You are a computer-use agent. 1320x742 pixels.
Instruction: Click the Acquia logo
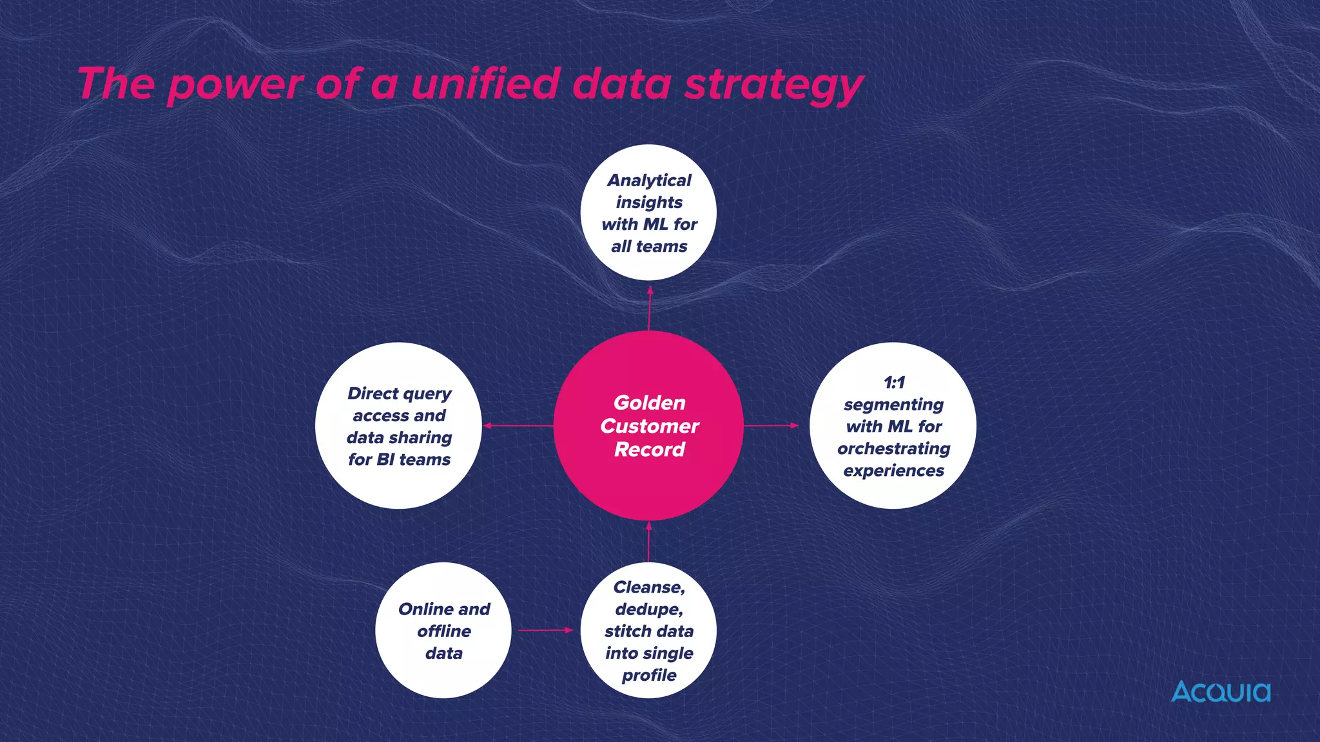(x=1221, y=692)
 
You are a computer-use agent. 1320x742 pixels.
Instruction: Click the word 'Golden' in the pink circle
(x=649, y=403)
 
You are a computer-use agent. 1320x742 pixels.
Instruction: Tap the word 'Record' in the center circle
(x=649, y=449)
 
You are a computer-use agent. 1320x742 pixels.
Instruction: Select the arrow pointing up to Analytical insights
(x=650, y=308)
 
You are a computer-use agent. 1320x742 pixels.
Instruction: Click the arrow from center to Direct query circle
(x=518, y=426)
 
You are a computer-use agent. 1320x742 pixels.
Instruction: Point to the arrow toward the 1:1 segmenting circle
(x=771, y=426)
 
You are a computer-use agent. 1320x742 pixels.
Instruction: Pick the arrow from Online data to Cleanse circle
(x=545, y=630)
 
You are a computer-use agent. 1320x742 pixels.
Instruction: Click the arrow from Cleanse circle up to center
(x=648, y=542)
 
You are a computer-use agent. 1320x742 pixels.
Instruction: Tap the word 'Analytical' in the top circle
(x=649, y=180)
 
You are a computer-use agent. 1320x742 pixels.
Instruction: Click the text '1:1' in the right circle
(x=894, y=383)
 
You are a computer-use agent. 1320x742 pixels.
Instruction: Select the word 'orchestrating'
(x=893, y=448)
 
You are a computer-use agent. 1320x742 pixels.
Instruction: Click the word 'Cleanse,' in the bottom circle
(x=649, y=587)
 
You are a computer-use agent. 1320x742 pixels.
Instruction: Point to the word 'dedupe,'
(x=649, y=609)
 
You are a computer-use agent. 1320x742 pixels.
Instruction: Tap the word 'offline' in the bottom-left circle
(x=444, y=631)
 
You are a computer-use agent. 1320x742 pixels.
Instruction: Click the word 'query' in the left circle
(x=427, y=394)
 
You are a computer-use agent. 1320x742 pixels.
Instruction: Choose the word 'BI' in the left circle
(x=385, y=459)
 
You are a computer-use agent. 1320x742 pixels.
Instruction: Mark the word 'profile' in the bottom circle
(x=649, y=676)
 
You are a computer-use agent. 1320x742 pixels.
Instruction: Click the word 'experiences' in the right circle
(x=893, y=471)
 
